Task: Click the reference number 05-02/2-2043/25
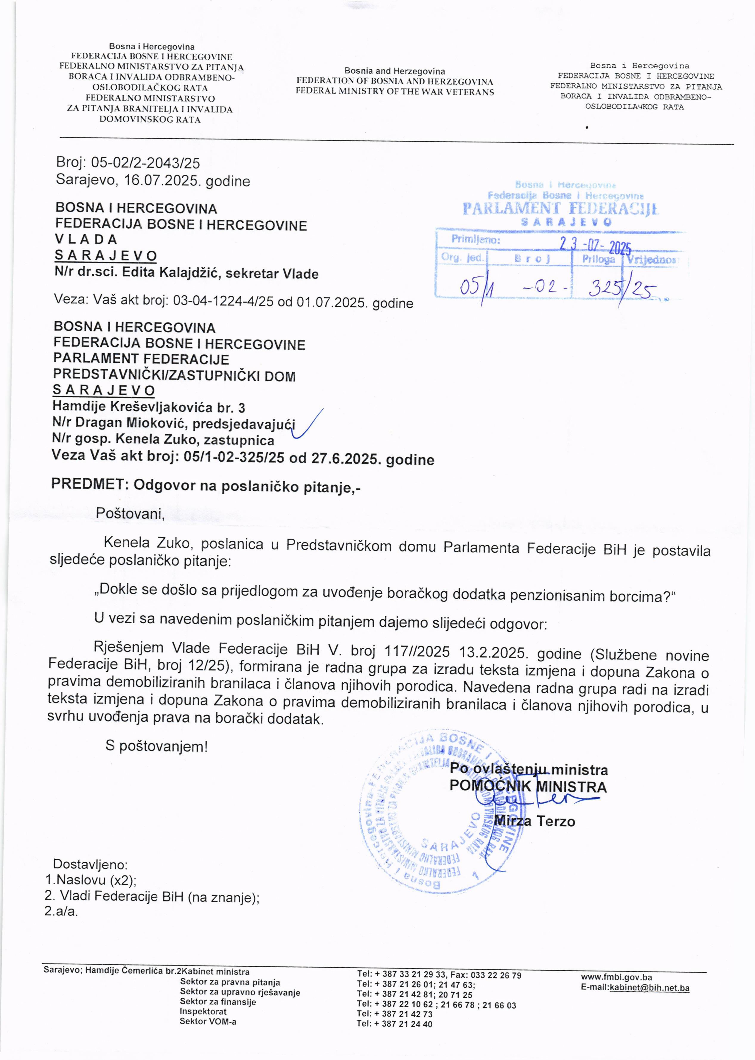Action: click(145, 163)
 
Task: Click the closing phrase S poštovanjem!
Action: click(156, 746)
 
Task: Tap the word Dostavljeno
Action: click(90, 865)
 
